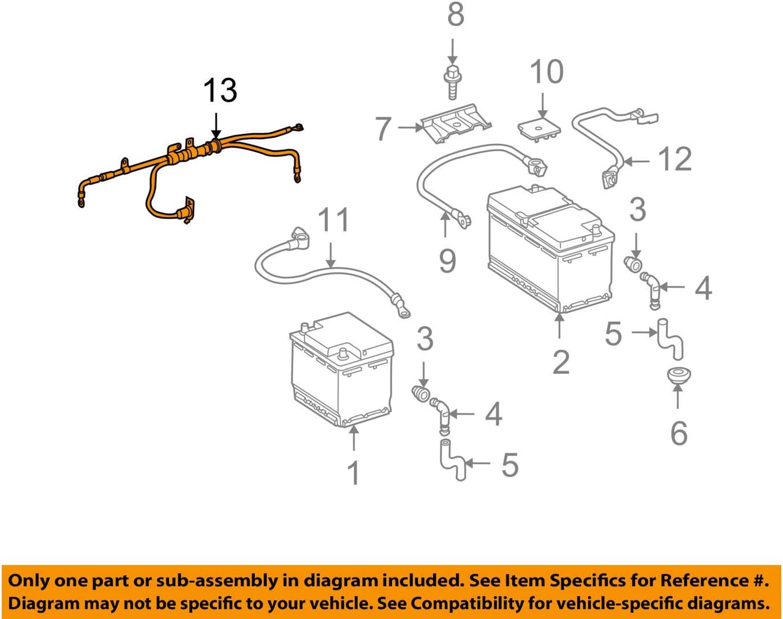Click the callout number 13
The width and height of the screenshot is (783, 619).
pos(220,91)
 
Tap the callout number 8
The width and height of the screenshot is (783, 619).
pos(455,14)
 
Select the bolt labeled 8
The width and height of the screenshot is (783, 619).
pos(452,83)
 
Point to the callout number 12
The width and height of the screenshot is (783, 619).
pos(675,158)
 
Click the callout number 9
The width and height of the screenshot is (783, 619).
pos(447,261)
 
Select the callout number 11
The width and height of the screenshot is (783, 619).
pos(333,220)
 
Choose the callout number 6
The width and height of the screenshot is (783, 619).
pos(678,432)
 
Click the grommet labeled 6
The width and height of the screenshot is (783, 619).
pos(679,376)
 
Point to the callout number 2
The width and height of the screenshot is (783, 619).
pos(561,361)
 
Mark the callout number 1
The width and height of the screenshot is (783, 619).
pos(354,473)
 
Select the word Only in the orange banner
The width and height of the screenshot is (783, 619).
pos(28,581)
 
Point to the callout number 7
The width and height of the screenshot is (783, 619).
pos(383,128)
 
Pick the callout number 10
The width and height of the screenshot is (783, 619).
pos(546,72)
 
